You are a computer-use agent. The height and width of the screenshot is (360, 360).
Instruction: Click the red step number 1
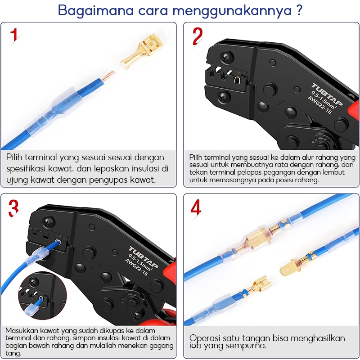(x=14, y=35)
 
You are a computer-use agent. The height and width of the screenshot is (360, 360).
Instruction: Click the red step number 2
(x=198, y=36)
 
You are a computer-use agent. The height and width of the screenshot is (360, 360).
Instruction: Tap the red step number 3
(x=13, y=208)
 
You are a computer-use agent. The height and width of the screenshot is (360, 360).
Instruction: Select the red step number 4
(x=196, y=207)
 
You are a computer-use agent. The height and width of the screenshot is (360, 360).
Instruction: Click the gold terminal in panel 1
(x=142, y=51)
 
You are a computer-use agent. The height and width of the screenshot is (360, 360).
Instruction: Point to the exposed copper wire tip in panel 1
(x=108, y=76)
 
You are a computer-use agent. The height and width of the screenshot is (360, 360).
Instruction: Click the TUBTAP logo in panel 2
(x=327, y=94)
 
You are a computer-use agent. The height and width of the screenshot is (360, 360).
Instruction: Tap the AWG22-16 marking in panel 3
(x=136, y=267)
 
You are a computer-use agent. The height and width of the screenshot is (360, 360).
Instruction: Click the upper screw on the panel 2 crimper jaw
(x=227, y=58)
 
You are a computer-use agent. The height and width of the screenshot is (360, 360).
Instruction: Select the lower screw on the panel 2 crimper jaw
(x=224, y=97)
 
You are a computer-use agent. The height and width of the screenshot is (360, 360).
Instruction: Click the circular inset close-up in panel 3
(x=42, y=295)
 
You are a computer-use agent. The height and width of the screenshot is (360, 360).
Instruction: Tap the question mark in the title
(x=299, y=10)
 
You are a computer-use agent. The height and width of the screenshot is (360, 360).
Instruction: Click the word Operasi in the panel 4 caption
(x=204, y=338)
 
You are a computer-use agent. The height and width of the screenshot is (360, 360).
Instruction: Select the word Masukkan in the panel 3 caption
(x=22, y=330)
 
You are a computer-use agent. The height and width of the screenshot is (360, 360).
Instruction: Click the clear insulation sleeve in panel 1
(x=54, y=111)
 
